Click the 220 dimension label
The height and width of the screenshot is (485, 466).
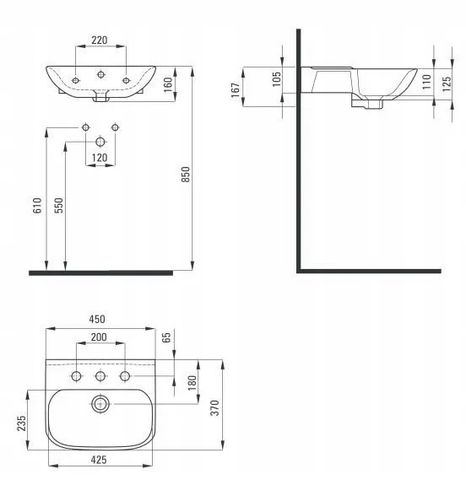click(x=100, y=40)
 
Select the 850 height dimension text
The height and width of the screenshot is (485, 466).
click(x=186, y=174)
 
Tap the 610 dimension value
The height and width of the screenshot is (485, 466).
click(x=37, y=205)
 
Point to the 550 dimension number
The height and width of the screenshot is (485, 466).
click(x=58, y=205)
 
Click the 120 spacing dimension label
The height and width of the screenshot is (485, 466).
click(x=100, y=158)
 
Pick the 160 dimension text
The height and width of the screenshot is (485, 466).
click(x=167, y=84)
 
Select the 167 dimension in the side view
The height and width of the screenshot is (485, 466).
click(x=236, y=90)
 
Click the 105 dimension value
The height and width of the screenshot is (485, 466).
click(x=277, y=79)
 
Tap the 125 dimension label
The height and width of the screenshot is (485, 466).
click(x=447, y=84)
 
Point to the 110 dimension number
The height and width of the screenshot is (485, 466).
click(x=426, y=82)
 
